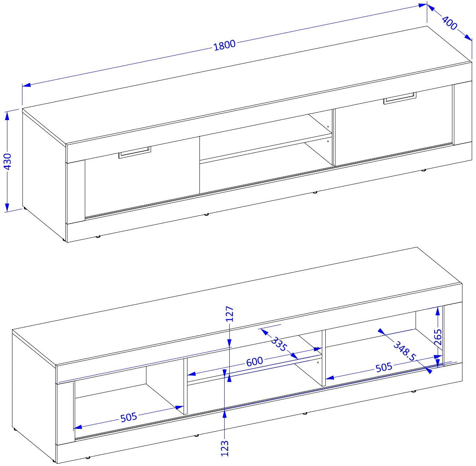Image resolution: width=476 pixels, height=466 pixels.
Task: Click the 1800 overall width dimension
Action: [224, 45]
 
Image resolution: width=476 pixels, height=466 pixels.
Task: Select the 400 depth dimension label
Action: [449, 23]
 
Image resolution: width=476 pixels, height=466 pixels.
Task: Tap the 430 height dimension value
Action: [8, 162]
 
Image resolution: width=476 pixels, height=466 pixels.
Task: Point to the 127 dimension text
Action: [230, 313]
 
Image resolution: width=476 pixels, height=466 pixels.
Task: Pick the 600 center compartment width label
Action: [254, 361]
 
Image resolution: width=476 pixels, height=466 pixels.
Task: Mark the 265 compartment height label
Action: [438, 337]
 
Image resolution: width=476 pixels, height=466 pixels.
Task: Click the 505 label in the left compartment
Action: [129, 417]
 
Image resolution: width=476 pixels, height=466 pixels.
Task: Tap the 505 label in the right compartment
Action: [383, 367]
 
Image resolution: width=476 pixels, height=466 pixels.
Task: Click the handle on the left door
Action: [135, 152]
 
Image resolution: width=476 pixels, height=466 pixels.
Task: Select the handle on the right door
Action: [400, 98]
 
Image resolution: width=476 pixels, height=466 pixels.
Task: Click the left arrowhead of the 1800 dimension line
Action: [26, 85]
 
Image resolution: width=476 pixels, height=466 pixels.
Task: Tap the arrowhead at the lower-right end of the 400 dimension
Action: [468, 37]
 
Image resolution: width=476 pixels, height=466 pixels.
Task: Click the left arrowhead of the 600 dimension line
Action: [192, 374]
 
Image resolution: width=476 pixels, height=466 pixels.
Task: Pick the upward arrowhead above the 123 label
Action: [225, 413]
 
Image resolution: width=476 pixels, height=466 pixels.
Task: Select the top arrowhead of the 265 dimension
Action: [438, 311]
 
